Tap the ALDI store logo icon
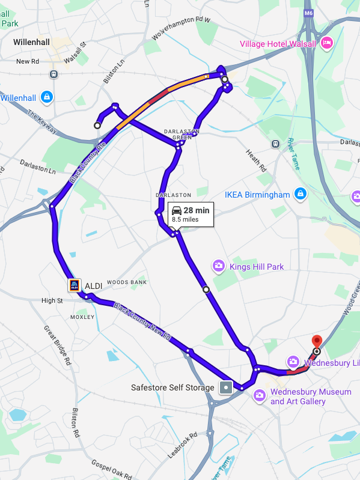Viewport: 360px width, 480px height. [75, 286]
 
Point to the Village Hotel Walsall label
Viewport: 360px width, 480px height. [278, 43]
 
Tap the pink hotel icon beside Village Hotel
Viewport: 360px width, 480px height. [327, 43]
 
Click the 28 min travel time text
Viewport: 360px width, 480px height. [197, 210]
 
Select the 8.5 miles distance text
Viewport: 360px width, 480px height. [185, 220]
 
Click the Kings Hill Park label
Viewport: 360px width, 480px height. [257, 266]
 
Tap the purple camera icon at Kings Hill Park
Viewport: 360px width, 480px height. [219, 266]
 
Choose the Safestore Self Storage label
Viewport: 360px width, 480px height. [172, 387]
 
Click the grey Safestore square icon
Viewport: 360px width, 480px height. [225, 387]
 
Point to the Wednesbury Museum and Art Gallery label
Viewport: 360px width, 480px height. [311, 396]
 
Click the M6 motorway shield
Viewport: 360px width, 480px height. [309, 13]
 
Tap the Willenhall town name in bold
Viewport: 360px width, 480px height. [32, 42]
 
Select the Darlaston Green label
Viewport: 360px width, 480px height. [177, 134]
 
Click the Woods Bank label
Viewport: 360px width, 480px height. [127, 282]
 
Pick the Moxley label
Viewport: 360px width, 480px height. [83, 317]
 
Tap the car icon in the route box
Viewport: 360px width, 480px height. [177, 210]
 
